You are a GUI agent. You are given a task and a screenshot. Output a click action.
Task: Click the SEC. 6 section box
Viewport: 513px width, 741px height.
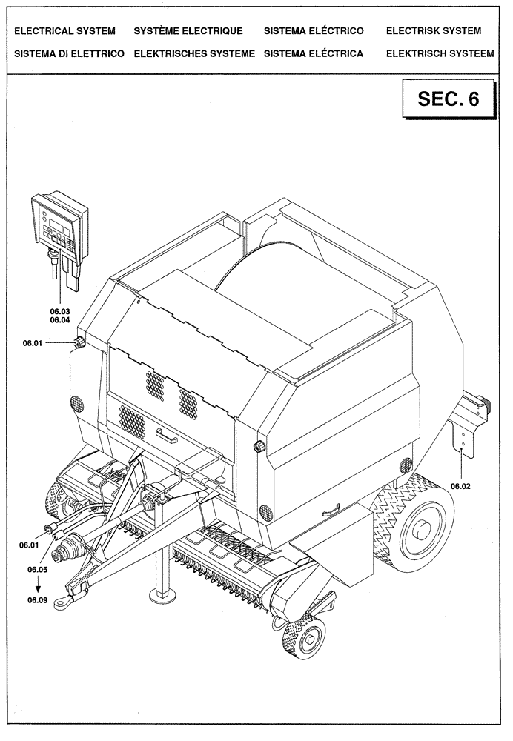pos(449,99)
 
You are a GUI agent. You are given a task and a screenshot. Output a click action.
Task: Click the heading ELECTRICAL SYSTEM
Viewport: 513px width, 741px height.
pos(61,31)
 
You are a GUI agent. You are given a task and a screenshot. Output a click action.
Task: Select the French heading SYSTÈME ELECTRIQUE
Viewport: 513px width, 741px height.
pos(188,31)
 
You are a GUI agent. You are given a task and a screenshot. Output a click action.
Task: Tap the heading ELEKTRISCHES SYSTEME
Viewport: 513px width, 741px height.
pos(194,53)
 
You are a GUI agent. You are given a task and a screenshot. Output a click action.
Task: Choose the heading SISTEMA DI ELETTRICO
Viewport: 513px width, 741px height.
pos(64,53)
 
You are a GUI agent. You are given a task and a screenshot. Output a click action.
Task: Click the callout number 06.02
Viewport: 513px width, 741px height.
pos(460,487)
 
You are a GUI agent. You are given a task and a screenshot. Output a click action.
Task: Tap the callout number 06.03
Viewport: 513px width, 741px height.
pos(59,312)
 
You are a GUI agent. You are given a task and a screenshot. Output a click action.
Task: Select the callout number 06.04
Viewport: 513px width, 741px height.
pos(59,321)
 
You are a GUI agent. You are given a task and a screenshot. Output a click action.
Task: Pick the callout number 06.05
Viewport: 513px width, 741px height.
pos(38,570)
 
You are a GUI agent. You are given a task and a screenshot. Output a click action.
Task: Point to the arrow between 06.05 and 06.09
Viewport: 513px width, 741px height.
pos(38,585)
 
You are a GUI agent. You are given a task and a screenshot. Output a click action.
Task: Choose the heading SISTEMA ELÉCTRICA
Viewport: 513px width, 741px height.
pos(313,53)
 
